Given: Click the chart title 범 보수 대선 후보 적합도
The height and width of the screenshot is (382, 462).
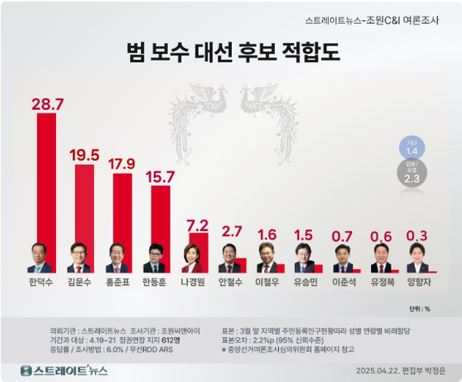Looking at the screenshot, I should click(x=232, y=52).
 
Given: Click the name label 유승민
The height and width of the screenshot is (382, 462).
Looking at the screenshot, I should click(x=305, y=282).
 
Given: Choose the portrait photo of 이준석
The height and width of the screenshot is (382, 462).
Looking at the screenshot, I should click(x=342, y=258).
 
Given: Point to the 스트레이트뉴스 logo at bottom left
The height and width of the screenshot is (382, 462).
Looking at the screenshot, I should click(x=65, y=370).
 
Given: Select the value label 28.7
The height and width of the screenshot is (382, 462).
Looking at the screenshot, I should click(x=45, y=104).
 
